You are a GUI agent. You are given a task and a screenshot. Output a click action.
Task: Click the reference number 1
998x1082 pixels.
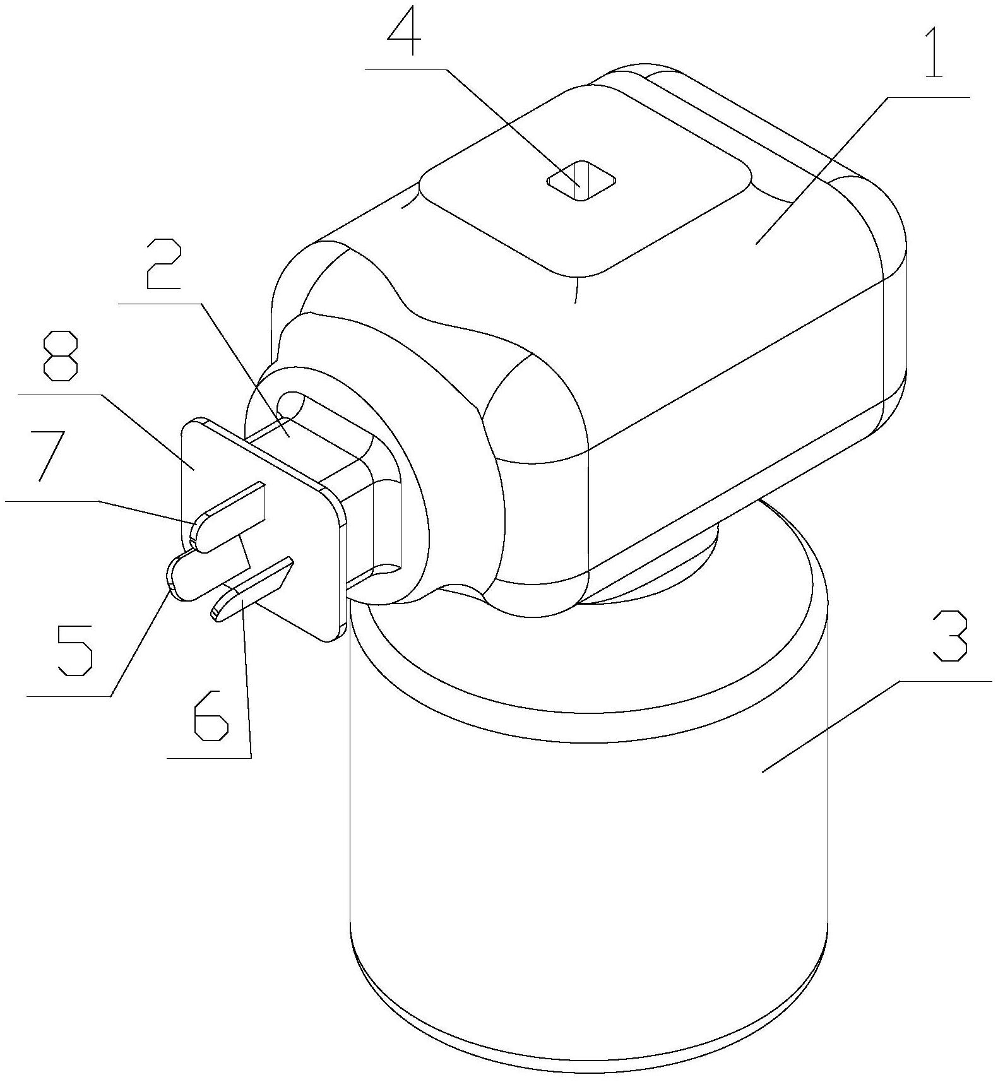pyautogui.click(x=934, y=47)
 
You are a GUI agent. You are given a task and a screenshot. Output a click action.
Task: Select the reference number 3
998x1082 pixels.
pyautogui.click(x=950, y=635)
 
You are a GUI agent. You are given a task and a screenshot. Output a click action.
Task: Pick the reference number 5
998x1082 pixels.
pyautogui.click(x=75, y=650)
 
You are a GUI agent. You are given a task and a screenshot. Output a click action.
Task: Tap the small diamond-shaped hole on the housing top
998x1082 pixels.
pyautogui.click(x=581, y=181)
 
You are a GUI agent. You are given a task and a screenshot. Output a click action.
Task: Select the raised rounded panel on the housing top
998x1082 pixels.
pyautogui.click(x=586, y=181)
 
